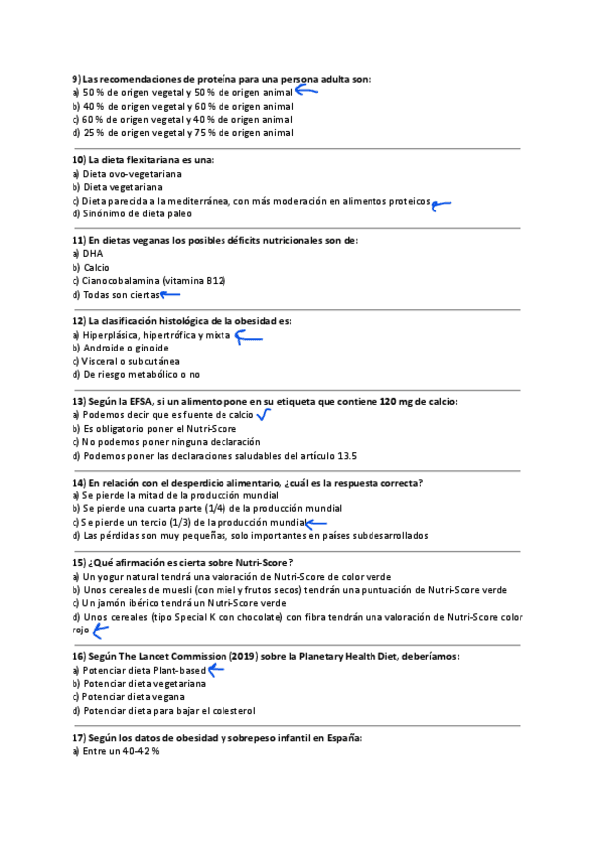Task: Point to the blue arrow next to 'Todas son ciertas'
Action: (x=170, y=294)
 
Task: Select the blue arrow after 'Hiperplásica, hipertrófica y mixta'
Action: (x=248, y=336)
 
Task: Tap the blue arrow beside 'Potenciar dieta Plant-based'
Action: (x=216, y=670)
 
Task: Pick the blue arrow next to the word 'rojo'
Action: (x=100, y=630)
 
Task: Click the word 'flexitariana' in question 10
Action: (x=154, y=159)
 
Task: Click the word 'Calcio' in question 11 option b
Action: (x=96, y=267)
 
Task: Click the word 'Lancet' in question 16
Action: (x=171, y=657)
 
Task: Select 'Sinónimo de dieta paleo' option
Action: (x=137, y=213)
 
